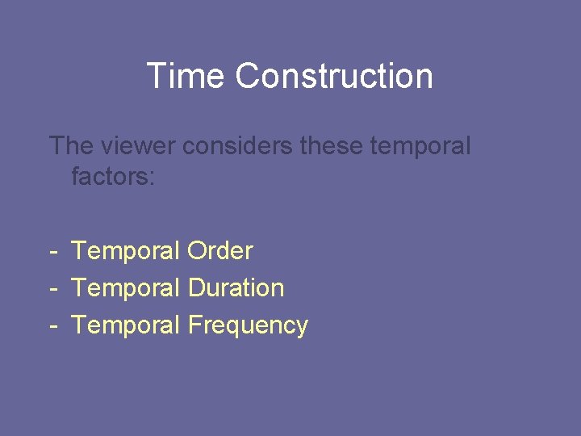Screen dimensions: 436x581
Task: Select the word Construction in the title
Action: [334, 76]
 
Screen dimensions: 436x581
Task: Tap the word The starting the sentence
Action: [71, 146]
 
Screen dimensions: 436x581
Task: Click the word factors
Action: [108, 176]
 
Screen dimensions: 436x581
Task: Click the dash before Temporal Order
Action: [52, 252]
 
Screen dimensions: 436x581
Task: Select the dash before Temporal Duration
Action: [52, 289]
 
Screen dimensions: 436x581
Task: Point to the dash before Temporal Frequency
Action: [52, 326]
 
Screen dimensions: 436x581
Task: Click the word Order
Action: [219, 251]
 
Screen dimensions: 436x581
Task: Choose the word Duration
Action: [236, 288]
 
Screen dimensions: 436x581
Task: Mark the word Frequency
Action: [248, 326]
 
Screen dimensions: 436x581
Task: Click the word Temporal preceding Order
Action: [126, 252]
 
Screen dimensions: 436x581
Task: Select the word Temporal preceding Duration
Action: [126, 289]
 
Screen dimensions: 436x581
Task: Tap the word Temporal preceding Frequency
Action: [126, 326]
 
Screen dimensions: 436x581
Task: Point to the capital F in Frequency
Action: [194, 325]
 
